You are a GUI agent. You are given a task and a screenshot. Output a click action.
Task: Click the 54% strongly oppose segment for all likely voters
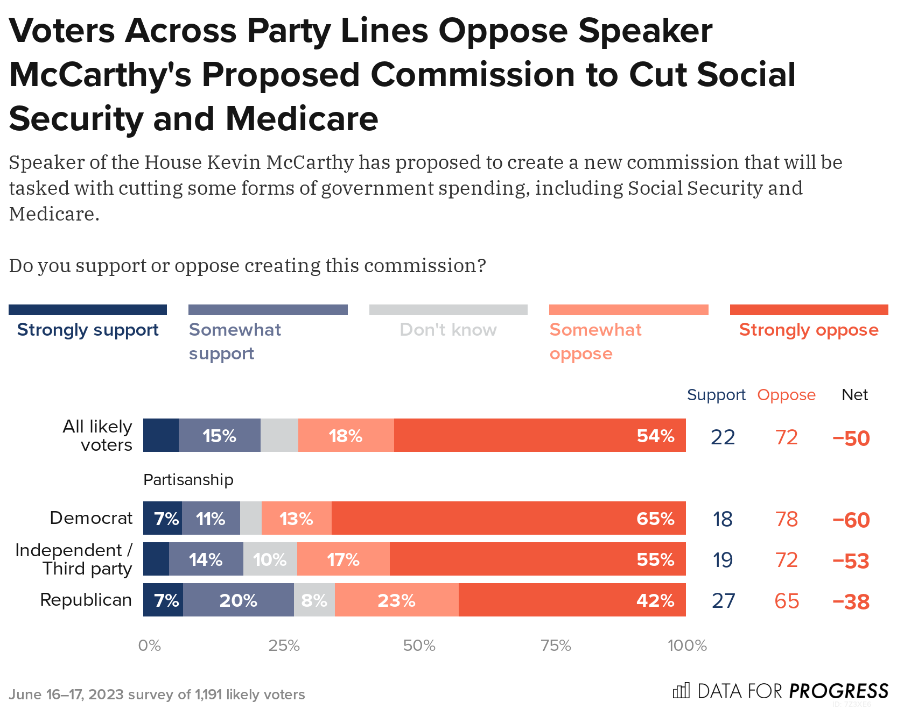[x=539, y=435]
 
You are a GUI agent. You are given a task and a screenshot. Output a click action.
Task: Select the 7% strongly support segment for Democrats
[x=163, y=518]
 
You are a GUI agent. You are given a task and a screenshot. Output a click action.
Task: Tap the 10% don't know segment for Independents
[x=270, y=559]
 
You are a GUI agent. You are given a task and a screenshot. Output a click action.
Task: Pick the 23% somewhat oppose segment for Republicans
[x=396, y=600]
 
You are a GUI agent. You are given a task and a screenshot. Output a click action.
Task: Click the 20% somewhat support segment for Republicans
[x=239, y=600]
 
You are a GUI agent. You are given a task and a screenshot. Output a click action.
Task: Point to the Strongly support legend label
[x=88, y=330]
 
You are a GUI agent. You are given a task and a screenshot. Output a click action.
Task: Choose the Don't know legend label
[x=448, y=330]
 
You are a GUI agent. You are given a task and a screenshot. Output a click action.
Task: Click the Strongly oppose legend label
[x=808, y=330]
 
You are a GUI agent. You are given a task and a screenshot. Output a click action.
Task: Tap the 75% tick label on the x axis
[x=556, y=646]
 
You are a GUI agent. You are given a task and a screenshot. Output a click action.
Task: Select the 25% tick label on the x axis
[x=284, y=646]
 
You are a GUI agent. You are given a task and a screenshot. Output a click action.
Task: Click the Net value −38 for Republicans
[x=851, y=601]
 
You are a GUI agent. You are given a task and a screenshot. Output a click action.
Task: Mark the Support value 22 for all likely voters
[x=723, y=437]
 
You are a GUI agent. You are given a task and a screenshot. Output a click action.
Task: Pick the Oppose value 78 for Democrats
[x=786, y=519]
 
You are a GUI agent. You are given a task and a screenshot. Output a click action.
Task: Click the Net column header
[x=854, y=395]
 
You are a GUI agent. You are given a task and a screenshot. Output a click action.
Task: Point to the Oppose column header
[x=786, y=395]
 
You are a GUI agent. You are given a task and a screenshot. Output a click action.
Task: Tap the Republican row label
[x=86, y=600]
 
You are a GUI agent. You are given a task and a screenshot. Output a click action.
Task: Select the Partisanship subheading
[x=188, y=480]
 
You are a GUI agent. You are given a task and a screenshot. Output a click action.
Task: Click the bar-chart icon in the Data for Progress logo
[x=681, y=690]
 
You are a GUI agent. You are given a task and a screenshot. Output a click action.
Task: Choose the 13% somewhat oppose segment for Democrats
[x=296, y=518]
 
